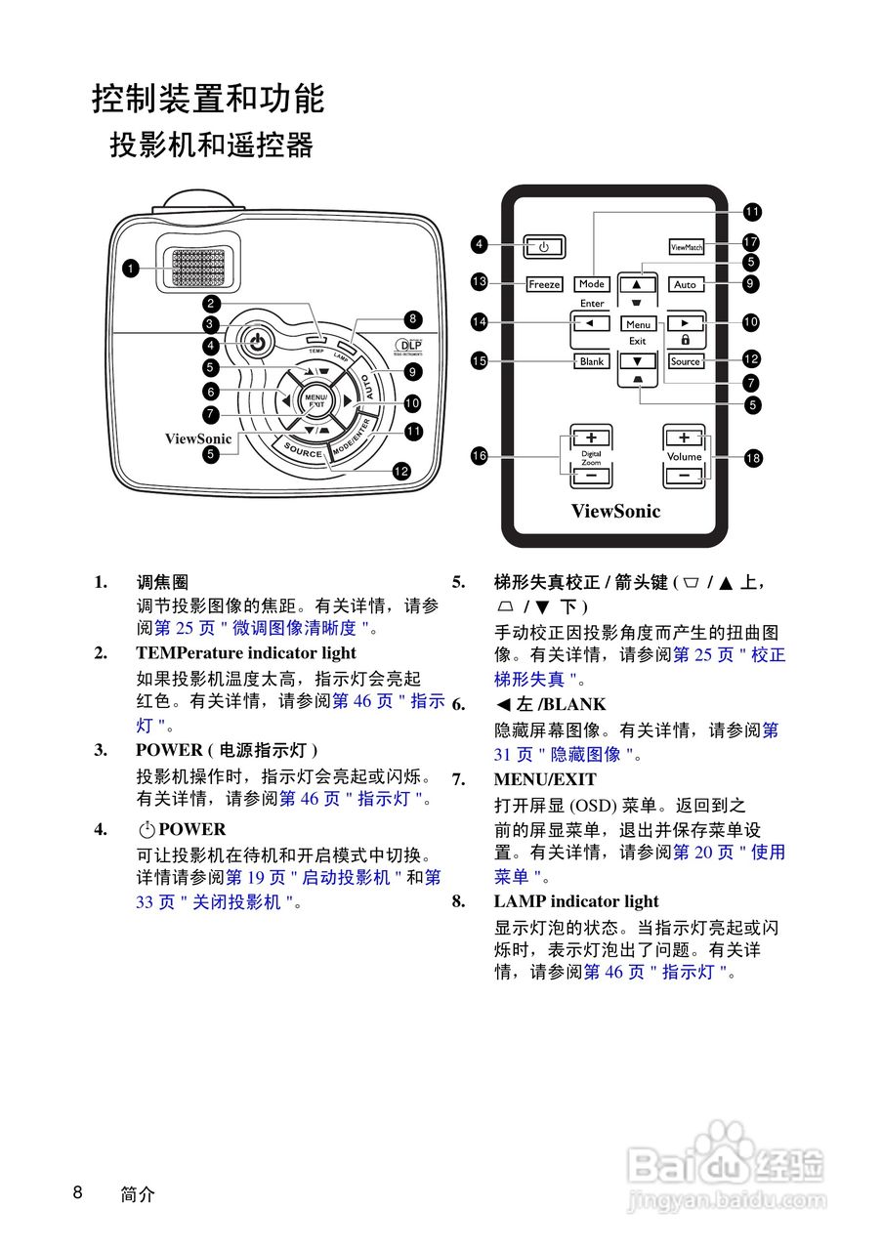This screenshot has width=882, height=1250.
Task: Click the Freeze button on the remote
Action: [544, 284]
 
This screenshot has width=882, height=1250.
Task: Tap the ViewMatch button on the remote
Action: [687, 247]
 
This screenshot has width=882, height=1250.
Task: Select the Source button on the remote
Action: [686, 361]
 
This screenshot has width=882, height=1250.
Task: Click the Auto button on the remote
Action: [686, 284]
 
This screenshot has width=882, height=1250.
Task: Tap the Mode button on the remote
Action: [592, 284]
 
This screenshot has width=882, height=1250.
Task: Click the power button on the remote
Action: [544, 247]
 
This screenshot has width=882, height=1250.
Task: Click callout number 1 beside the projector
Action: [130, 267]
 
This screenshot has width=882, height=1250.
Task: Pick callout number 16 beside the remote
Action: [479, 456]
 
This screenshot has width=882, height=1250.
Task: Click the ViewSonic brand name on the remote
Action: [615, 511]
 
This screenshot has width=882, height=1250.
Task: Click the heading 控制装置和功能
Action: [208, 99]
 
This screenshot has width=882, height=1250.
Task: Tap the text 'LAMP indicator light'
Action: [575, 901]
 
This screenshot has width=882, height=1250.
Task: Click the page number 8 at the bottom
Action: [78, 1192]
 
